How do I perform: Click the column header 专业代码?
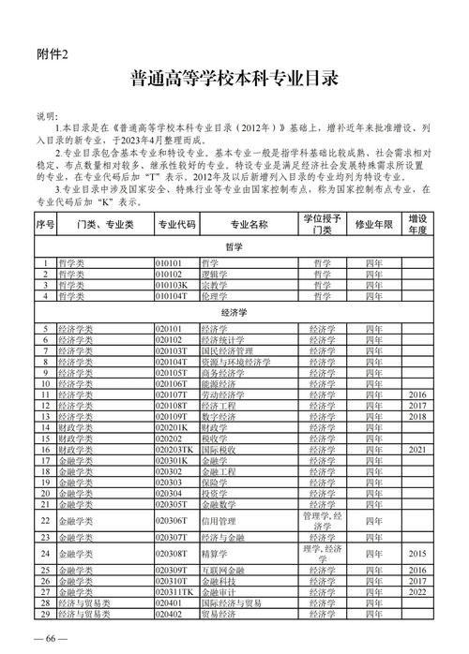[x=176, y=226]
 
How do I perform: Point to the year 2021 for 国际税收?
[x=417, y=450]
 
